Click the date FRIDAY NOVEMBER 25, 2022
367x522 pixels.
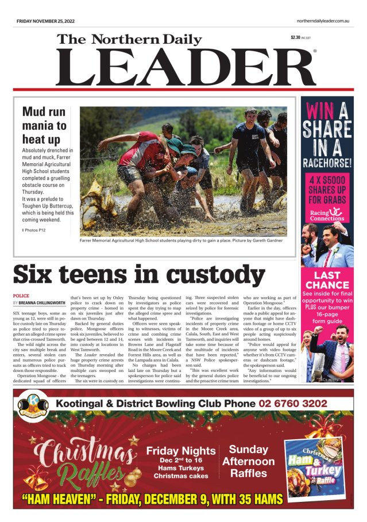point(46,21)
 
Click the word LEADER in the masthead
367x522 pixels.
point(185,67)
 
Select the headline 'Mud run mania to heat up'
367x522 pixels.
point(44,125)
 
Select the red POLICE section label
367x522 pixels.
point(21,295)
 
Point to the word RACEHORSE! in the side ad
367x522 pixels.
point(327,163)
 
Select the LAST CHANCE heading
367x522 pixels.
point(327,280)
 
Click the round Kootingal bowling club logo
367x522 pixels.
point(31,403)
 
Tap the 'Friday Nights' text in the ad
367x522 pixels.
point(181,451)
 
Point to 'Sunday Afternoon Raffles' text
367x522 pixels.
point(248,462)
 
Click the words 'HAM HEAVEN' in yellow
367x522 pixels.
point(59,498)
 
